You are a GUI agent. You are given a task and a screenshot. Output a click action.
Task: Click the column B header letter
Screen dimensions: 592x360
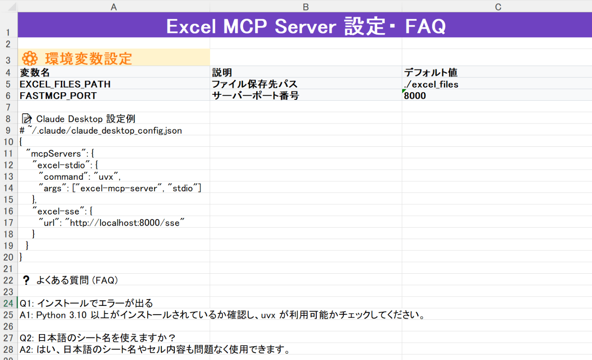(306, 7)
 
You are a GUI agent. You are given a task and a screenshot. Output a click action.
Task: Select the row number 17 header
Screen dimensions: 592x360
(8, 223)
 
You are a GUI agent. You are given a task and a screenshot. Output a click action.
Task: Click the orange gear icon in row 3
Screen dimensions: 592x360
(30, 58)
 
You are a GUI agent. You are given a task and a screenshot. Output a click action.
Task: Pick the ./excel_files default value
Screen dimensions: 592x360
(431, 84)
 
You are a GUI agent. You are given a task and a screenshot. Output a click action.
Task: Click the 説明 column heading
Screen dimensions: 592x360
(222, 72)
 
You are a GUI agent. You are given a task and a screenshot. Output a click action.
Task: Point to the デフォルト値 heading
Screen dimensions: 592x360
(430, 72)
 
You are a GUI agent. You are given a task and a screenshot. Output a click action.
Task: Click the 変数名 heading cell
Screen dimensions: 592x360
(35, 72)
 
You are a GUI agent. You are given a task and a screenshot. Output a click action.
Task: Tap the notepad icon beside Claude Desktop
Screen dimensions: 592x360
(27, 119)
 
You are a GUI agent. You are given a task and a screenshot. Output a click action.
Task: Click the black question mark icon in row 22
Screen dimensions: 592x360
(26, 280)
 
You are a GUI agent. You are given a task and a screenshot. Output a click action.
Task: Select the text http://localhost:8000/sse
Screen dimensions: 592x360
(125, 223)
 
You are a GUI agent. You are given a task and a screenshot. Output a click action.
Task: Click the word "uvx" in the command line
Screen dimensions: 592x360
(106, 176)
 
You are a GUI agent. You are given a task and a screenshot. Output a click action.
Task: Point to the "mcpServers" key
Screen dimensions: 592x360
(56, 154)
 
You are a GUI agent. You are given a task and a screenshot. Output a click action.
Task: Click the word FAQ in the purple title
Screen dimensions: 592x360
(425, 26)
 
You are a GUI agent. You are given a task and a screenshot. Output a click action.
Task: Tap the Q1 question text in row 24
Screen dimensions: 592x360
(86, 303)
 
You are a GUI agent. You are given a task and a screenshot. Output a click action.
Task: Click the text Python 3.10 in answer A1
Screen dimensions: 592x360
(61, 315)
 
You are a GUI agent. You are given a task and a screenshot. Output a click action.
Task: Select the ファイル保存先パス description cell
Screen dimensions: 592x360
(255, 84)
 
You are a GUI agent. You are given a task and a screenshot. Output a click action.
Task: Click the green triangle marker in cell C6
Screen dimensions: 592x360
(403, 91)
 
